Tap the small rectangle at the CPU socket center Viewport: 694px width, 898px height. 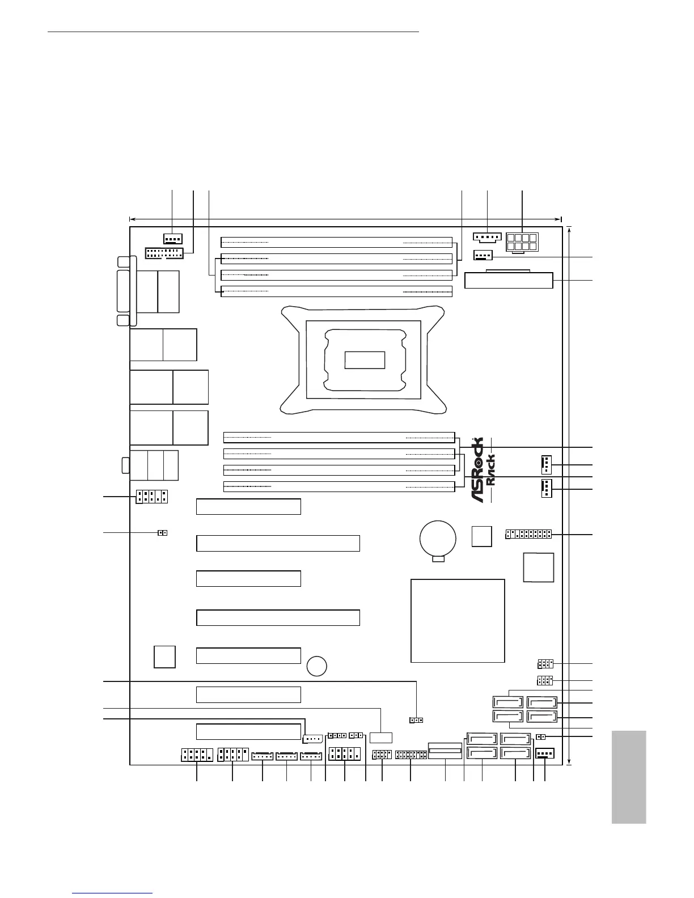click(x=365, y=360)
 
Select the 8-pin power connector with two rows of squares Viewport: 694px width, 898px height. click(x=522, y=243)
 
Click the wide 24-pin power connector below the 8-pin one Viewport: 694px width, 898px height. click(x=508, y=280)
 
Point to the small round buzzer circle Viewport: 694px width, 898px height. click(x=317, y=666)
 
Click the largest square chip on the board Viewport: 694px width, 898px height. click(x=458, y=620)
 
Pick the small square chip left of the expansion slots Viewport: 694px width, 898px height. click(x=164, y=656)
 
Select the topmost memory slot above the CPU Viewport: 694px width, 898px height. click(x=337, y=242)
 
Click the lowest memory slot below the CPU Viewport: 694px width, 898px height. click(x=339, y=486)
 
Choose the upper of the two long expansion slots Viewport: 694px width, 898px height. click(x=278, y=543)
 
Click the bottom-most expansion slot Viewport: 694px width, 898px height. click(x=248, y=731)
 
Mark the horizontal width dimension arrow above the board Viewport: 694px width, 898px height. click(x=345, y=218)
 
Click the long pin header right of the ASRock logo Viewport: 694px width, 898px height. click(x=528, y=535)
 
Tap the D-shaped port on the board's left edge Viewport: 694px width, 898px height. click(x=125, y=292)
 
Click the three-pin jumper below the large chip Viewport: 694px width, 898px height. click(x=416, y=720)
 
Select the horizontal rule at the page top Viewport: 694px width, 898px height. click(x=233, y=32)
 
